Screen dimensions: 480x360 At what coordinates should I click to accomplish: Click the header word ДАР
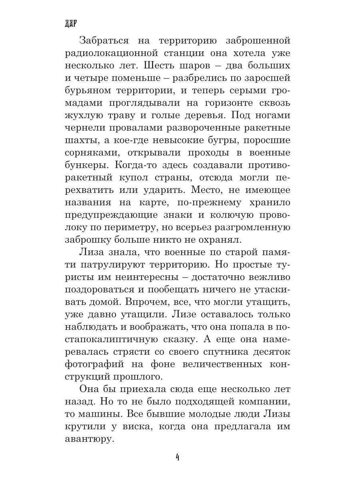tap(70, 23)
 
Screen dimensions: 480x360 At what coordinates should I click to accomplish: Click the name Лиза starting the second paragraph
tap(93, 252)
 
